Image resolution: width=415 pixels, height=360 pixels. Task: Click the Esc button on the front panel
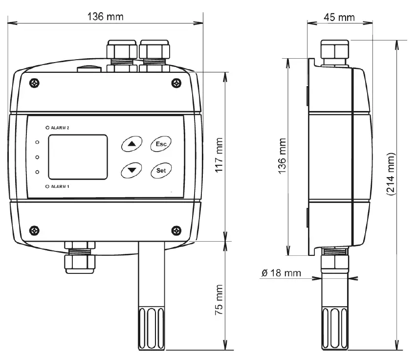(160, 144)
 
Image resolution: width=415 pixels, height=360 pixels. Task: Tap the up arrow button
(131, 144)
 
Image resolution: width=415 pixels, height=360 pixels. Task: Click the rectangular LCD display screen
(77, 157)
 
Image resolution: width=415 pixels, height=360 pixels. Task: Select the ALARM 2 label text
(60, 127)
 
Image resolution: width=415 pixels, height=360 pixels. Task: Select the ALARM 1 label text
(60, 187)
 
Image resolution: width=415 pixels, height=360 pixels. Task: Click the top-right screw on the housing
(176, 83)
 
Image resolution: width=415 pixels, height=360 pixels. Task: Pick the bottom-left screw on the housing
(34, 229)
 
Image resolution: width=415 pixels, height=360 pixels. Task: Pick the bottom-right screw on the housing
(176, 229)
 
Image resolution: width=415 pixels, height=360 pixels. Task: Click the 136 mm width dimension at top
(105, 16)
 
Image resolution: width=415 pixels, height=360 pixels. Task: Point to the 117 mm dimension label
(219, 157)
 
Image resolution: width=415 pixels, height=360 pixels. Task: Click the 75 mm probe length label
(219, 298)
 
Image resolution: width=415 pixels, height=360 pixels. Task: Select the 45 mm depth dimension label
(339, 18)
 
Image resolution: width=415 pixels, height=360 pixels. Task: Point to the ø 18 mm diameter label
(282, 272)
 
